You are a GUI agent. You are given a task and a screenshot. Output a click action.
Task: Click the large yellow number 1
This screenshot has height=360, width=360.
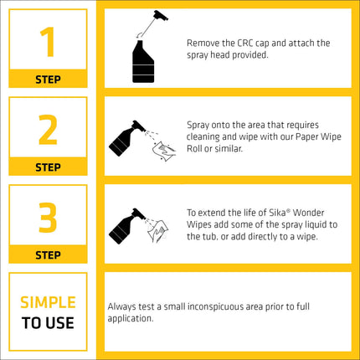click(x=48, y=42)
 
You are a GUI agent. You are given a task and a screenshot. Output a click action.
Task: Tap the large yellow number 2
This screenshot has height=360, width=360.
click(x=48, y=130)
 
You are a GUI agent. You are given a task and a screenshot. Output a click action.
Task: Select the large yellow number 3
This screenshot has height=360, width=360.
click(x=48, y=218)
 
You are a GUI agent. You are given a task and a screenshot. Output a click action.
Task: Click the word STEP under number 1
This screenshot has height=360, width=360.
click(x=48, y=80)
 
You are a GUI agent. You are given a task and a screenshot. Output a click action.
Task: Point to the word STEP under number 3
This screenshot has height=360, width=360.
click(x=48, y=255)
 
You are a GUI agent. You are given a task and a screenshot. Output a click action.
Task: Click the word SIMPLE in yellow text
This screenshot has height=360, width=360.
click(x=48, y=302)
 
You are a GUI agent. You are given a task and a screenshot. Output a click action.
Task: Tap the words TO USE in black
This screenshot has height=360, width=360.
click(x=48, y=323)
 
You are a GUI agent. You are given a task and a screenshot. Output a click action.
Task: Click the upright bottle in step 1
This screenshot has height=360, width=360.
click(x=143, y=62)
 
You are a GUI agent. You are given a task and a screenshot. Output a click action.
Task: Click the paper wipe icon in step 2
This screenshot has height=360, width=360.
click(x=164, y=152)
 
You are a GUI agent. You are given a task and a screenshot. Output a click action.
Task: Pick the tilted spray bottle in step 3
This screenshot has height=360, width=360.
click(x=127, y=226)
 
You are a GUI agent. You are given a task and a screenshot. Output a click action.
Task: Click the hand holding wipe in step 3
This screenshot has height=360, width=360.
click(x=157, y=231)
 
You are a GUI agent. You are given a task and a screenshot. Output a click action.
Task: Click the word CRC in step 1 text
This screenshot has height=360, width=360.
click(x=245, y=44)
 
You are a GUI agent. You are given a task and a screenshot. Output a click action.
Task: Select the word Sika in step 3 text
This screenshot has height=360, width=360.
click(x=277, y=213)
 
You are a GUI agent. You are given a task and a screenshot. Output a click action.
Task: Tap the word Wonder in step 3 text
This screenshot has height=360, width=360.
click(x=308, y=213)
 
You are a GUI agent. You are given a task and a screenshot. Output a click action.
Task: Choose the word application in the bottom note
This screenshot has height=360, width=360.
click(x=131, y=319)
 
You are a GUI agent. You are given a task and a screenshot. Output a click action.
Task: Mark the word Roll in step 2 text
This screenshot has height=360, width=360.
click(x=194, y=149)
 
